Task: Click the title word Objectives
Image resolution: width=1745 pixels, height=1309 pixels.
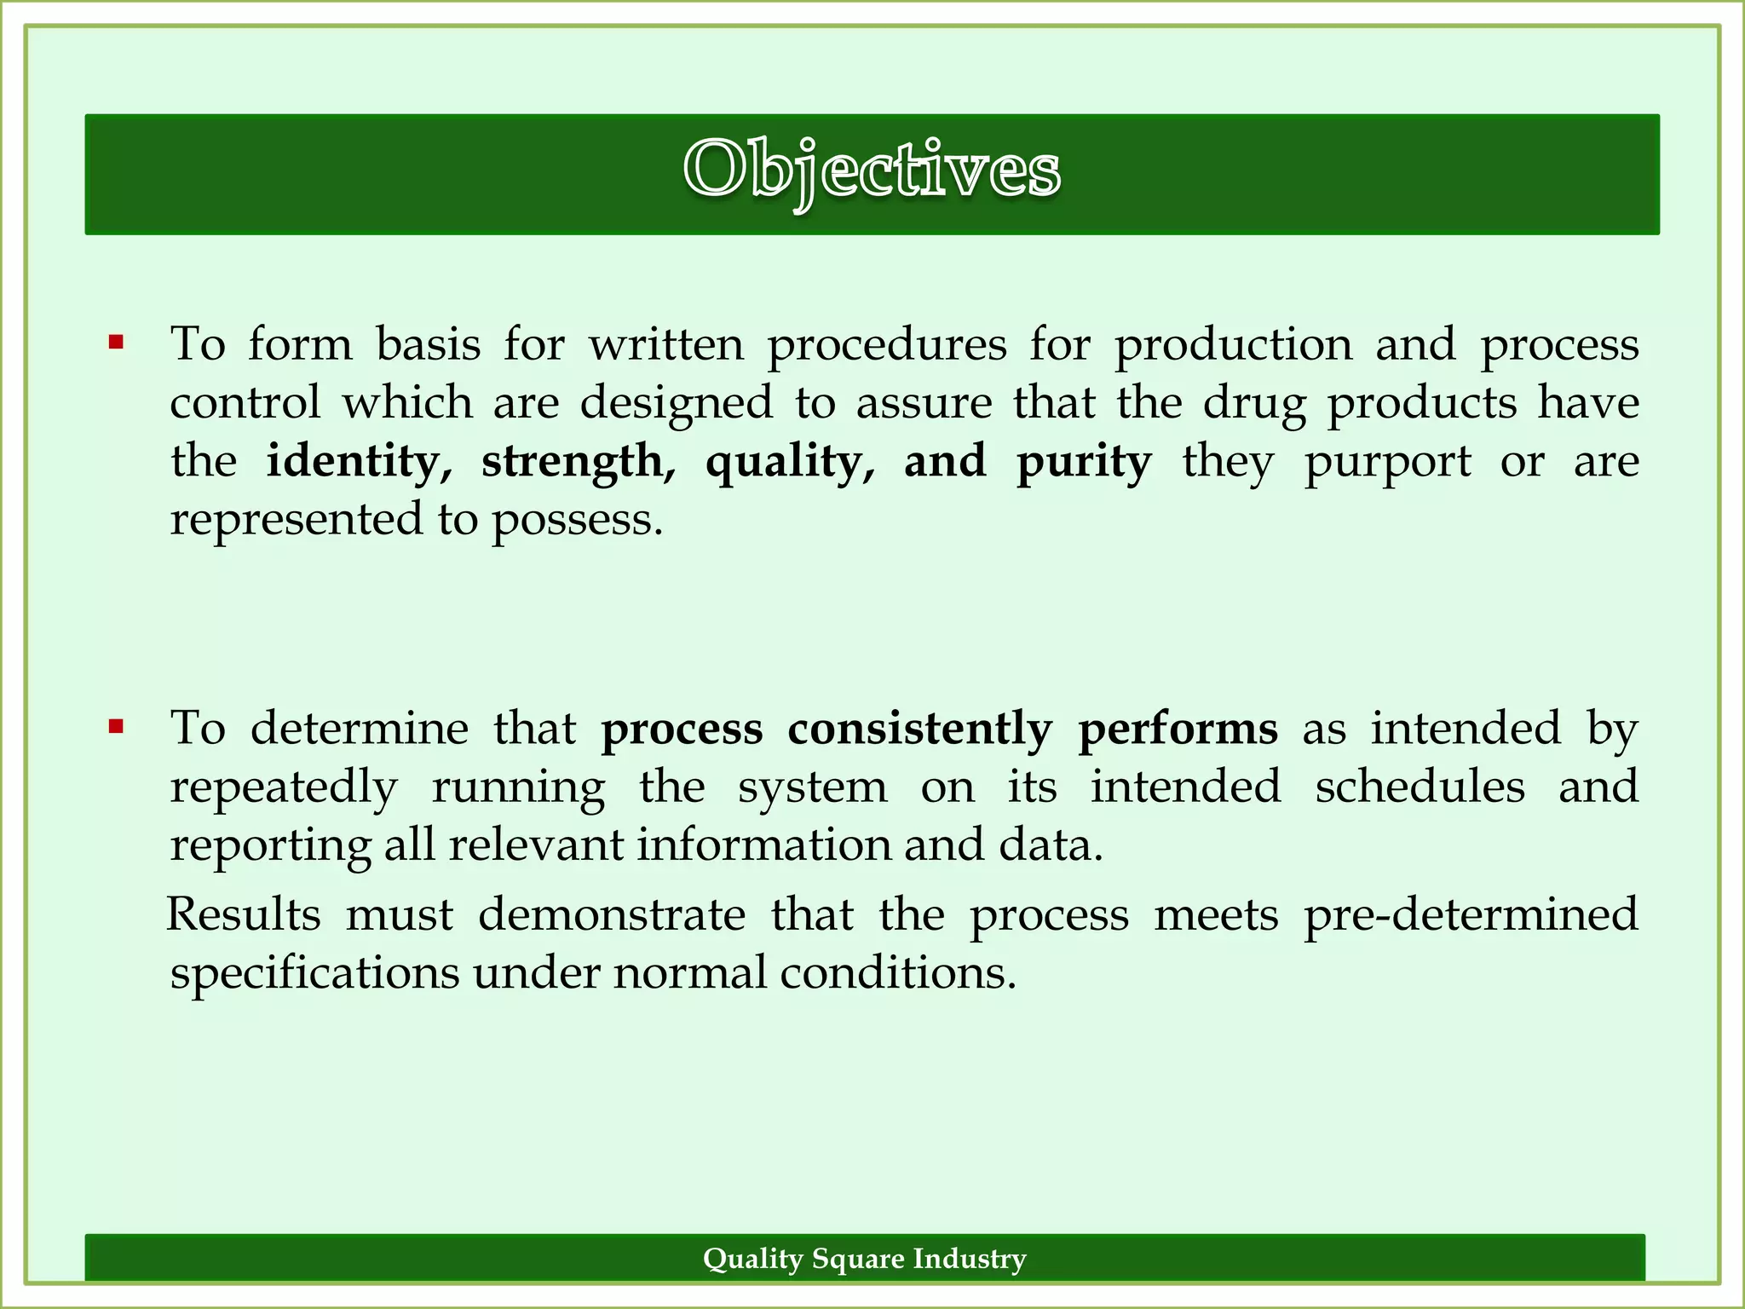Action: [x=872, y=170]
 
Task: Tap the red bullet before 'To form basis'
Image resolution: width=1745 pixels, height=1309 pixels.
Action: [x=117, y=343]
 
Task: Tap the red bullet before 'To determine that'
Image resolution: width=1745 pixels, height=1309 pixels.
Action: [x=117, y=727]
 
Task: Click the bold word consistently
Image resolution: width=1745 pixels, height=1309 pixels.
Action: [x=919, y=729]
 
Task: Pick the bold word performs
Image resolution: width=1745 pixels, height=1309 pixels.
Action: [x=1178, y=729]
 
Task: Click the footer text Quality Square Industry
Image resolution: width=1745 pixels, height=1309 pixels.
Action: [x=864, y=1259]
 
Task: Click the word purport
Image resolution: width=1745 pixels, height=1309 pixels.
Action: [x=1387, y=463]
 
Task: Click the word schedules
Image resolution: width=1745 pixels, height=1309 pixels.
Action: [x=1420, y=786]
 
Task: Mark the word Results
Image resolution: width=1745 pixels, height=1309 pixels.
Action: [x=244, y=914]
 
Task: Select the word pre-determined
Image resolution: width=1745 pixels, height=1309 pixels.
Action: [x=1471, y=914]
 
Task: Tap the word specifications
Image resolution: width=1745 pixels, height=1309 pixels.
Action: [x=314, y=973]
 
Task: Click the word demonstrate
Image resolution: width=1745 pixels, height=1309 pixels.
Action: [x=611, y=914]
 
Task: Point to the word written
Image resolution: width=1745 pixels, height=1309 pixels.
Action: [x=666, y=345]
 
